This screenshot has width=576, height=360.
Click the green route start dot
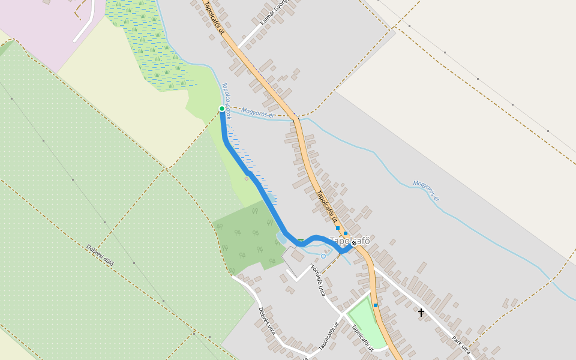(222, 109)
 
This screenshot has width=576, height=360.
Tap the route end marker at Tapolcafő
(354, 244)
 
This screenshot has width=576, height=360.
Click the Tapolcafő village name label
(350, 241)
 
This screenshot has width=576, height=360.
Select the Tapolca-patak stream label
(226, 100)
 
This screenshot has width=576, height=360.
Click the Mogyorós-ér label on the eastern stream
(426, 190)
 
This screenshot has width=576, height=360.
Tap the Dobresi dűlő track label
(100, 254)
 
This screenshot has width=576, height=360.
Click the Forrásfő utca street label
(317, 280)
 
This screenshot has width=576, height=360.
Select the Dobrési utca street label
(266, 321)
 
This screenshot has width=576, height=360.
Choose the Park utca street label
(461, 345)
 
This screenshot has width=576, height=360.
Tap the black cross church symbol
(421, 313)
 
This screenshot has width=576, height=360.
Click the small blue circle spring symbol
(323, 256)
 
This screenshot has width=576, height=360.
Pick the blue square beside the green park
(376, 305)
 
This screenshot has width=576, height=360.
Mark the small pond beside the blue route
(281, 238)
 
